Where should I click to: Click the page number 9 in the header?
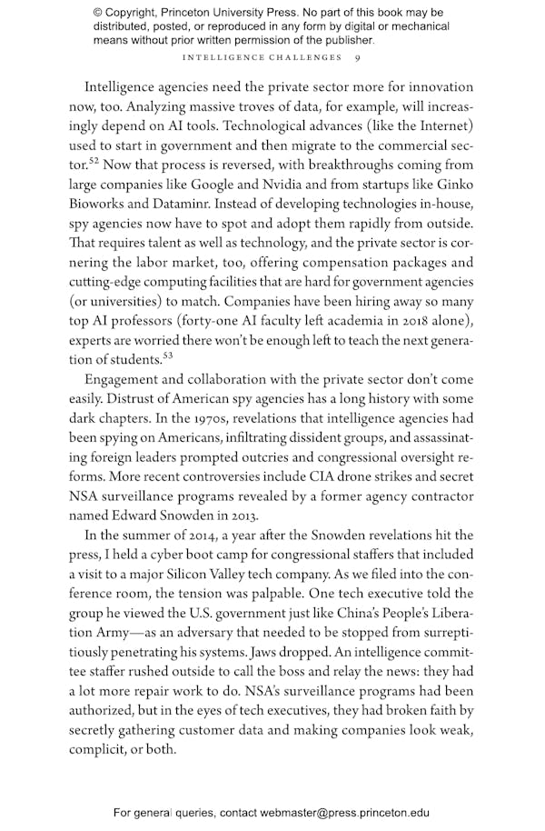point(358,58)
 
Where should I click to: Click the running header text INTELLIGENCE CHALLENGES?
point(263,58)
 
